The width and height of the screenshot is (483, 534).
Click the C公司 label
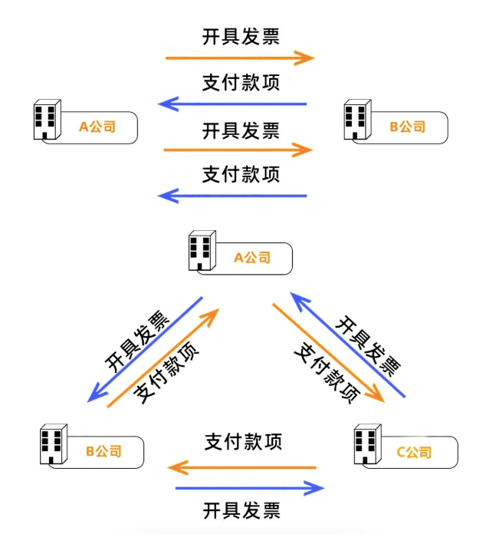[413, 452]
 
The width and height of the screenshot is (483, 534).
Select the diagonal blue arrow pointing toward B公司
[146, 350]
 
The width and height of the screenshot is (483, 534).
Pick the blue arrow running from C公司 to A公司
[348, 344]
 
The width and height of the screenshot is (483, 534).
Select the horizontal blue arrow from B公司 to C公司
[250, 488]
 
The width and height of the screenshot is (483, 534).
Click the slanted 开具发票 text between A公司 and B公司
[138, 341]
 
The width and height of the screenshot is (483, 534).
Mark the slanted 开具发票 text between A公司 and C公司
[368, 346]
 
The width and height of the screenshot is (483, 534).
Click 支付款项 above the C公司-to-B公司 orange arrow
[243, 442]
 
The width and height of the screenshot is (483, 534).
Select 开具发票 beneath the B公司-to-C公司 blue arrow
[242, 509]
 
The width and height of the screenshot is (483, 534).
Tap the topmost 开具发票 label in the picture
[241, 37]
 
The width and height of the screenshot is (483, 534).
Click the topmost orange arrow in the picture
[239, 58]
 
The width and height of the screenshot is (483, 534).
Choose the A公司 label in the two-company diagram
[97, 127]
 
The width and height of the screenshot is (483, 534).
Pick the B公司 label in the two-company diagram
[407, 127]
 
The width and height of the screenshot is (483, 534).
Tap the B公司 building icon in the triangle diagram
[53, 444]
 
